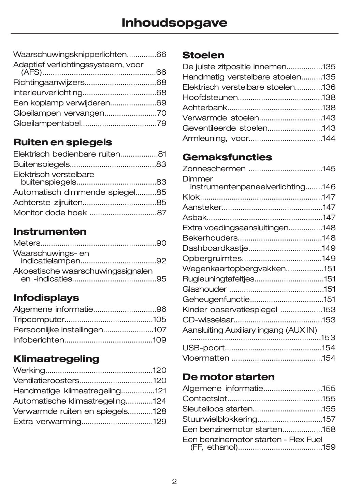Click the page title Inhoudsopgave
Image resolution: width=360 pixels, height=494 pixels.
coord(174,23)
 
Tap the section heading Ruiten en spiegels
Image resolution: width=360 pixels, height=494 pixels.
coord(62,142)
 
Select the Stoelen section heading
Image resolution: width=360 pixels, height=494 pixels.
coord(203,55)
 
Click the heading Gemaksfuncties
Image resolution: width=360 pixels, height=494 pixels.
coord(227,157)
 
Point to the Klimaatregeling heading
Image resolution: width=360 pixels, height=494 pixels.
coord(56,359)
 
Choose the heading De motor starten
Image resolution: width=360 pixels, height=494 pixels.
coord(228,377)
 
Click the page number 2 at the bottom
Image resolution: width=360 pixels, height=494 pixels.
coord(174,482)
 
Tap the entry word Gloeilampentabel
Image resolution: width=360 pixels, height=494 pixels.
coord(47,123)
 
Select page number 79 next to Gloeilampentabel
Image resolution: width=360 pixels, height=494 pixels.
coord(161,123)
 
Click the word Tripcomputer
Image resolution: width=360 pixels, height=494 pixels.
coord(39,320)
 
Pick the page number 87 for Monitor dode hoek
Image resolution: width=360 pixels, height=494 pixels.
coord(161,213)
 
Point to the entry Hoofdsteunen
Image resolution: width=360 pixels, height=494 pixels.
coord(210,98)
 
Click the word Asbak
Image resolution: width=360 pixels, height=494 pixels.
coord(195,218)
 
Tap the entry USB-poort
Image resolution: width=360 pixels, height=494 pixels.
coord(203,348)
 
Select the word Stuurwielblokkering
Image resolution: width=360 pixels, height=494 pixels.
coord(220,419)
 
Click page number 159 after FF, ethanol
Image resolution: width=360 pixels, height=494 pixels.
coord(329,447)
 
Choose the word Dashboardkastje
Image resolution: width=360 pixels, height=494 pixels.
coord(215,248)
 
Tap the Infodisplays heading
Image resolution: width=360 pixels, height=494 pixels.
coord(46,298)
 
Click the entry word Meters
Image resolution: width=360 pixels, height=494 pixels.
coord(27,243)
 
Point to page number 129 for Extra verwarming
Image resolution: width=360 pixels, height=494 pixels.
coord(160,422)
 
